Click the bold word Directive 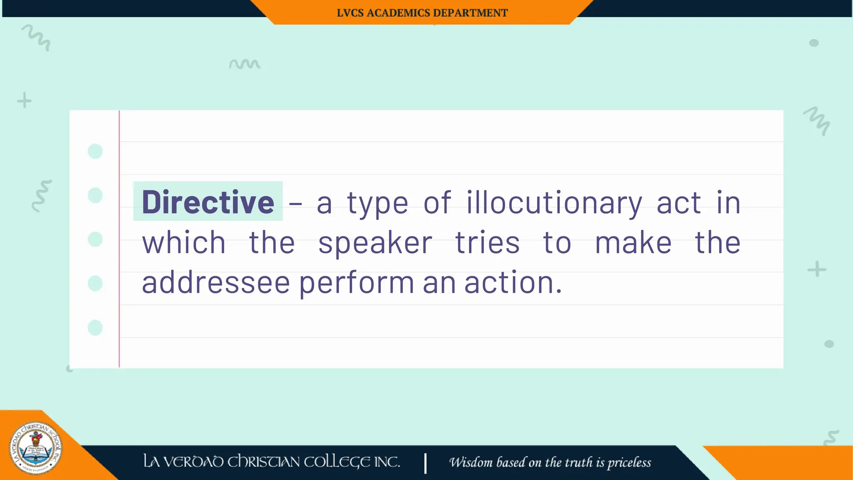coord(208,202)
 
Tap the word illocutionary coord(554,203)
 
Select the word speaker coord(375,243)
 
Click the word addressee coord(216,282)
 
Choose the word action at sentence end coord(513,282)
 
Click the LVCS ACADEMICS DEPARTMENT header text coord(422,13)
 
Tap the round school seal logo coord(36,448)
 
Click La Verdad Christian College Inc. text coord(272,462)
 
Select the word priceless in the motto coord(629,462)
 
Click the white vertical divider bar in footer coord(425,463)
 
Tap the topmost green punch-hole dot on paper coord(95,151)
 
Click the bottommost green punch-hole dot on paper coord(95,328)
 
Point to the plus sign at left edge coord(24,100)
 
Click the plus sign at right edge coord(817,269)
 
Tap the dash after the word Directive coord(295,203)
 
